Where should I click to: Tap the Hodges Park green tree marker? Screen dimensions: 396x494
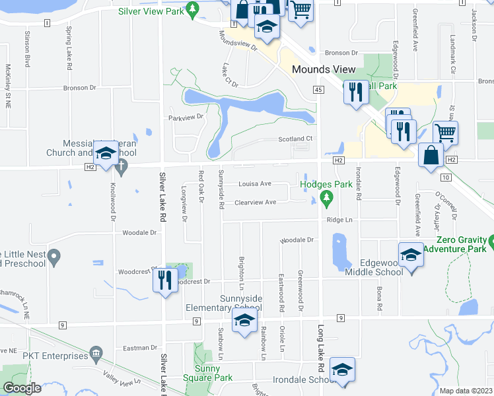point(326,197)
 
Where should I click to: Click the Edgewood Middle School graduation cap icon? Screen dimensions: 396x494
point(411,253)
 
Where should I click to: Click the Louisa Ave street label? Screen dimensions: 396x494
point(255,183)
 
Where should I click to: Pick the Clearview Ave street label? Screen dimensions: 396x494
point(255,202)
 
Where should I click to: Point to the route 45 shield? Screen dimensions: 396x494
point(318,89)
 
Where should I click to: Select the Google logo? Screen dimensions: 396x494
point(22,389)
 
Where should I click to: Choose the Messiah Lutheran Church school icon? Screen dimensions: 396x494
point(105,154)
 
